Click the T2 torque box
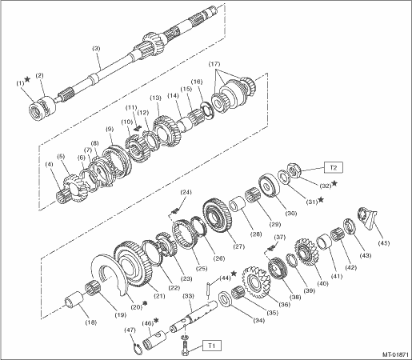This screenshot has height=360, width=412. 334,167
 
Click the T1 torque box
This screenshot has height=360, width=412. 211,346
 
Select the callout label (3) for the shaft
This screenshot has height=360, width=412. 96,49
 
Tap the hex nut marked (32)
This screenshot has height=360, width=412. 294,170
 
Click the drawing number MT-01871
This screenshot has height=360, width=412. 395,354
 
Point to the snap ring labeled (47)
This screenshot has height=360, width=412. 138,347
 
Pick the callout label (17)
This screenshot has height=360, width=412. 214,64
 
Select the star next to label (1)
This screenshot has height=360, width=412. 27,79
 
